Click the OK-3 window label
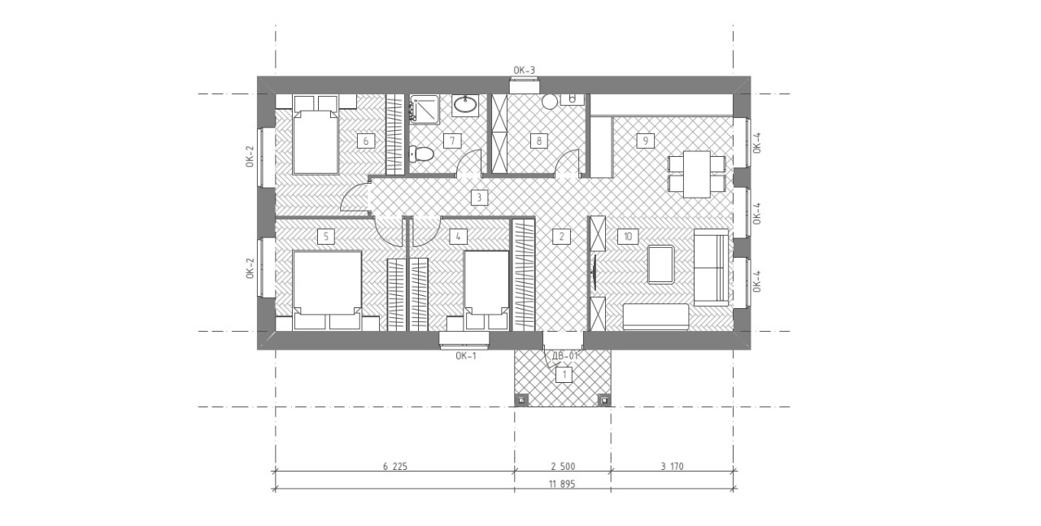524,70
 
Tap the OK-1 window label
466,356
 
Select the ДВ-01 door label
564,356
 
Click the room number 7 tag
451,141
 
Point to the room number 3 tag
479,198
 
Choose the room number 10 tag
627,237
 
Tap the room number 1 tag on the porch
564,375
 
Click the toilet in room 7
421,154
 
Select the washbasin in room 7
465,106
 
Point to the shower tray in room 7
424,109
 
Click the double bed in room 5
327,283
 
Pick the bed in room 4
486,283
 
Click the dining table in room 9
697,174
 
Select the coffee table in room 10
660,264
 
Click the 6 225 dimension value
395,466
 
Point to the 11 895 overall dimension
562,484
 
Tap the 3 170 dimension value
672,466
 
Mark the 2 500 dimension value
563,466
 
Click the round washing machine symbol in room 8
550,102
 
